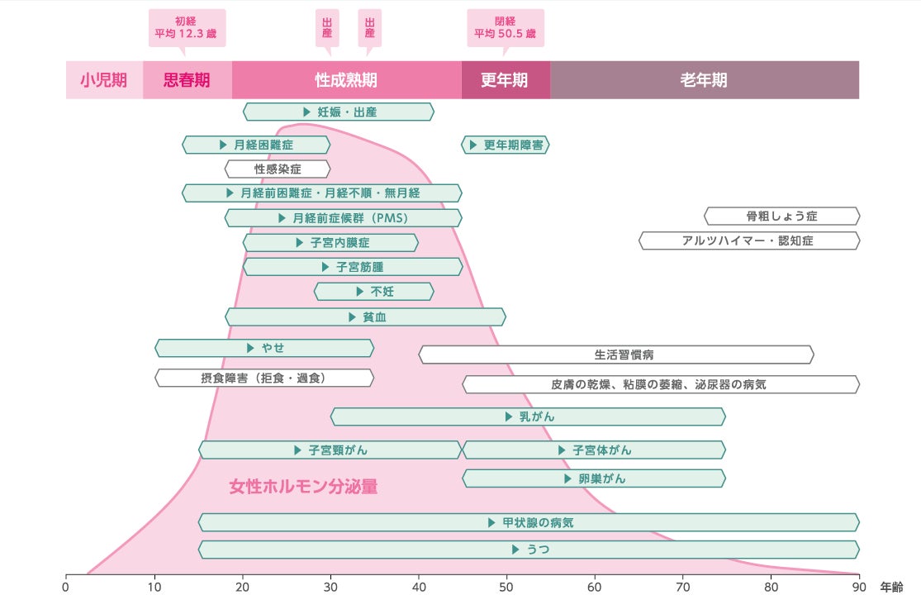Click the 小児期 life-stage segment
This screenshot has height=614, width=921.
click(104, 80)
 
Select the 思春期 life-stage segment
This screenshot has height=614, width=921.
click(187, 80)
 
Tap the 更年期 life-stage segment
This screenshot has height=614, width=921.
click(505, 80)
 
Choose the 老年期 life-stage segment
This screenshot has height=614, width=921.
click(704, 80)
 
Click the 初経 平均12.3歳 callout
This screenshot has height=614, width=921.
click(187, 28)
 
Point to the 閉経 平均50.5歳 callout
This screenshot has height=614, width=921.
click(505, 28)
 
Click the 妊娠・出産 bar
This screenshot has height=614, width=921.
click(338, 112)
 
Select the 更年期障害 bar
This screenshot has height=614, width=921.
click(505, 145)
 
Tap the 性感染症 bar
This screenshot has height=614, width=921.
click(278, 169)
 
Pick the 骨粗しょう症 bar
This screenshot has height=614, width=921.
click(781, 217)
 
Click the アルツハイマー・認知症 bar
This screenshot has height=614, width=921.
click(748, 240)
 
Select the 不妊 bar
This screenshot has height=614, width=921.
click(373, 291)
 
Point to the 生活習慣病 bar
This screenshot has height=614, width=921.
click(616, 355)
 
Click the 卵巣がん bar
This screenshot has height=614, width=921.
click(593, 478)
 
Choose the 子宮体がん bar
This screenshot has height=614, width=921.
click(593, 450)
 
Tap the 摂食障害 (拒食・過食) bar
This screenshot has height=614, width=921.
click(264, 378)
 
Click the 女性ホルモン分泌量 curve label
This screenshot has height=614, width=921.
click(303, 487)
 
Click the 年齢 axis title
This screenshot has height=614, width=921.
click(891, 588)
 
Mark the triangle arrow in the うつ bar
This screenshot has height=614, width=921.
click(515, 550)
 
